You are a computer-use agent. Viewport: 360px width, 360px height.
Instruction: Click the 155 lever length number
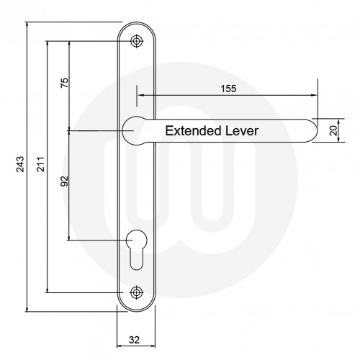pyautogui.click(x=228, y=87)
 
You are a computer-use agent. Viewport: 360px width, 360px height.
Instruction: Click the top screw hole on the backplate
pyautogui.click(x=138, y=42)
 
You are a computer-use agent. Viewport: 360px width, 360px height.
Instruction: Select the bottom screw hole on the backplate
pyautogui.click(x=138, y=293)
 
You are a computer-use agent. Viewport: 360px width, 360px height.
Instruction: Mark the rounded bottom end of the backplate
pyautogui.click(x=138, y=308)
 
